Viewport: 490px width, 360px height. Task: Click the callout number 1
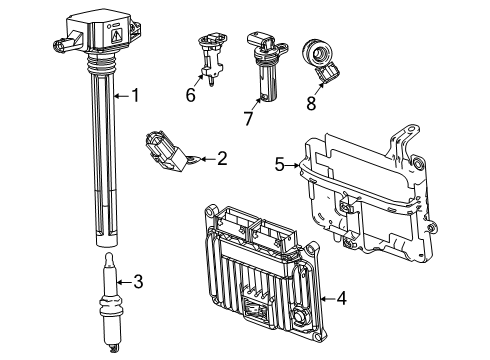[138, 96]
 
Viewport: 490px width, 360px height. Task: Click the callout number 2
[221, 157]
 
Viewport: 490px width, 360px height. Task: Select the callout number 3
[138, 282]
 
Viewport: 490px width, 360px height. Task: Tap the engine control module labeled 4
[262, 280]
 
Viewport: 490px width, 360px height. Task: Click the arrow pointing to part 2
[203, 157]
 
